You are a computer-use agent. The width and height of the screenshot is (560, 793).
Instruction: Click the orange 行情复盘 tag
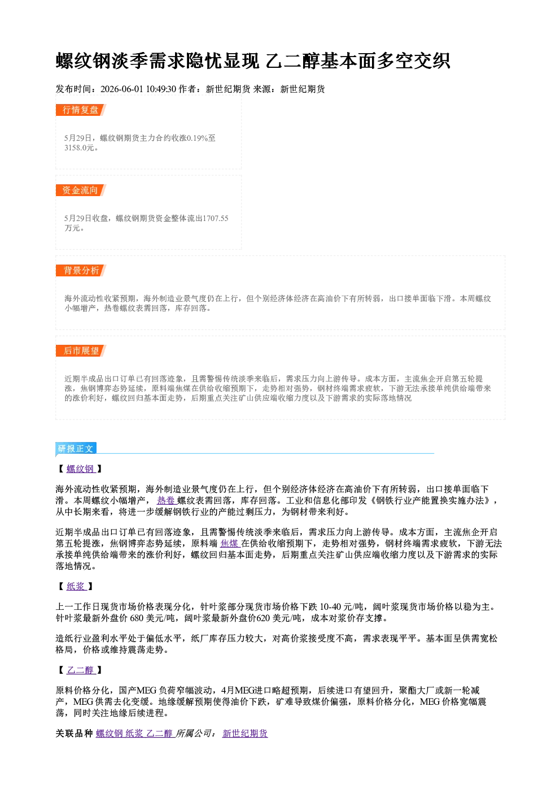[81, 110]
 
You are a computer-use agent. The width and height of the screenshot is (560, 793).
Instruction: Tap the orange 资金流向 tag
[81, 190]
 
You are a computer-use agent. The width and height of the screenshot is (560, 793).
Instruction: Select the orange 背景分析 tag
[81, 271]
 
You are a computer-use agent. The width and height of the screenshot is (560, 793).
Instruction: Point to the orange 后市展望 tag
[81, 351]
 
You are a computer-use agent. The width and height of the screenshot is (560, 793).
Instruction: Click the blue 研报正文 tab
[76, 449]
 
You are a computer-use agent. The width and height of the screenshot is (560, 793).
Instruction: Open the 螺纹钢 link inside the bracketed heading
[81, 469]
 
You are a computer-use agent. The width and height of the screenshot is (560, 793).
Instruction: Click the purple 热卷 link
[166, 500]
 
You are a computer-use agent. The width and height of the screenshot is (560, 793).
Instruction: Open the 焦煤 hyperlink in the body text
[230, 543]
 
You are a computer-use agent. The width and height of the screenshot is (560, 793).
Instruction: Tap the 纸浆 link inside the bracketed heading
[76, 586]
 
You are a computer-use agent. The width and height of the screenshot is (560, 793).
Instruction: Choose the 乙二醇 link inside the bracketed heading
[81, 670]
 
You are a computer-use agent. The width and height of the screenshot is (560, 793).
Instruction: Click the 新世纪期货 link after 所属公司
[245, 733]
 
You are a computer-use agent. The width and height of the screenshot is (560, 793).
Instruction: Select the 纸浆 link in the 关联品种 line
[134, 733]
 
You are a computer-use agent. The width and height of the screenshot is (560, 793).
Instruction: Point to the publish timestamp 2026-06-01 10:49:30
[138, 89]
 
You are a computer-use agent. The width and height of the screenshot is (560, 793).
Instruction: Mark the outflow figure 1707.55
[215, 218]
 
